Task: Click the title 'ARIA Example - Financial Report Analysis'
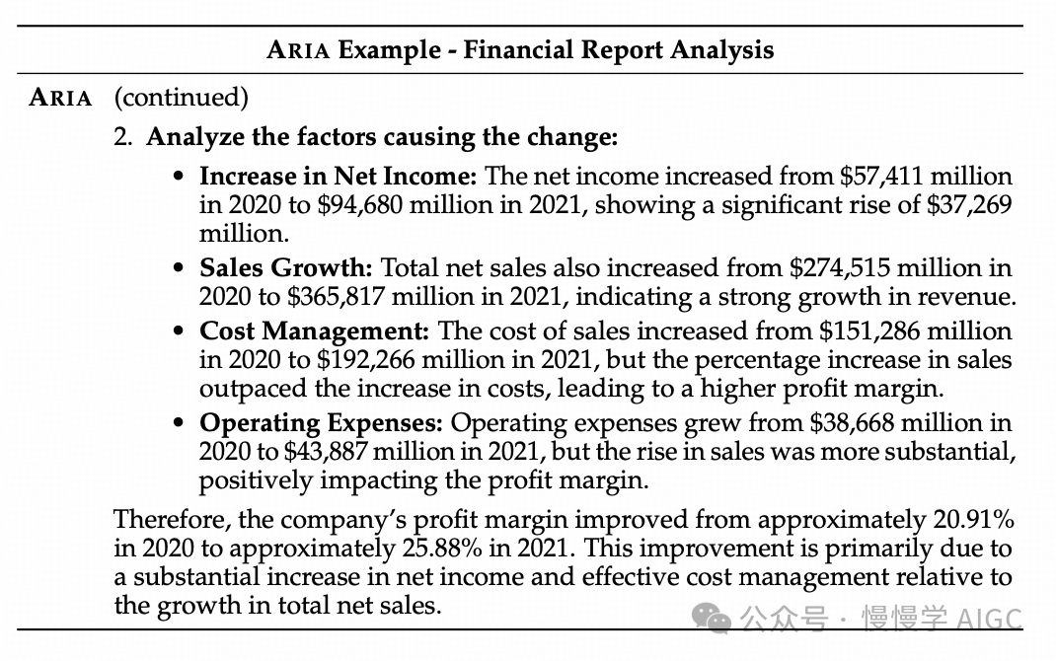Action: [520, 50]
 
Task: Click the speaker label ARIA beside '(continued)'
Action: [61, 98]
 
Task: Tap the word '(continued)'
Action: [182, 98]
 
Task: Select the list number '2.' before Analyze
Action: [123, 136]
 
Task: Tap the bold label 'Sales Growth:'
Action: [285, 268]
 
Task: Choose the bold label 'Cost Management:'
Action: [315, 330]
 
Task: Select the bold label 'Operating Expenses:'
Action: [322, 423]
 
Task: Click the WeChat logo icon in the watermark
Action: [712, 619]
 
